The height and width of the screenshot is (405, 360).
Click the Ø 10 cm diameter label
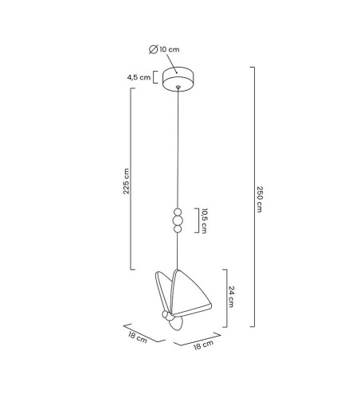coord(164,49)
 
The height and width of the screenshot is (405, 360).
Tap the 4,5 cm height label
coord(139,77)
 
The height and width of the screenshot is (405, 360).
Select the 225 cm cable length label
coord(126,181)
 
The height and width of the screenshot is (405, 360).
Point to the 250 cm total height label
coord(260,199)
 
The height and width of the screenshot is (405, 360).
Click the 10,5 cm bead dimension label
coord(204,221)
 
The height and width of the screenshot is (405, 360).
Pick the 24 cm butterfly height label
coord(231,297)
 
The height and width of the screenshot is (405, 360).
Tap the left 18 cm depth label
coord(138,337)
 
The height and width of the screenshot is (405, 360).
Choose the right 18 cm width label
coord(204,345)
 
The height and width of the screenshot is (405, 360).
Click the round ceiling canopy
coord(178,79)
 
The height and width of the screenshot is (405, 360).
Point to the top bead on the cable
coord(178,212)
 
